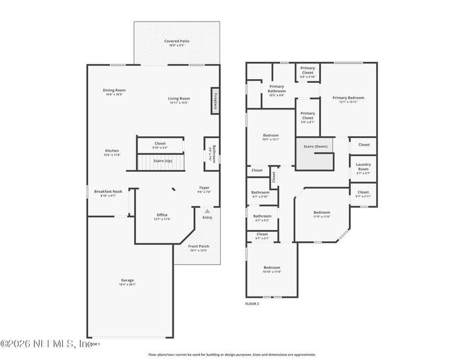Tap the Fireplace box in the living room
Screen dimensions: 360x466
tap(214, 101)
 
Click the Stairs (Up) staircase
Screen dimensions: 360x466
tap(162, 161)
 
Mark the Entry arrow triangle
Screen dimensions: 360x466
tap(207, 211)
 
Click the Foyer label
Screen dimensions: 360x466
tap(204, 189)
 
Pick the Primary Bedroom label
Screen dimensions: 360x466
tap(348, 99)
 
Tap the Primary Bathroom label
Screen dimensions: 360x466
tap(277, 89)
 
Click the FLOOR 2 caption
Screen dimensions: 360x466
tap(252, 303)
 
